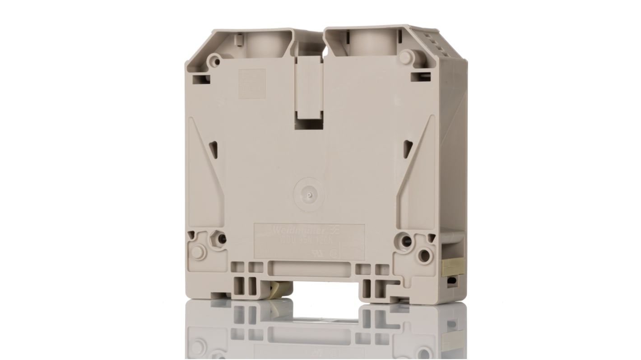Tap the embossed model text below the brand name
[311, 241]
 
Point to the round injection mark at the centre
[308, 195]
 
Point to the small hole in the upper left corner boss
[215, 60]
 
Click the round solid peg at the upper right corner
[405, 57]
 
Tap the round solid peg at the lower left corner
[199, 252]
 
